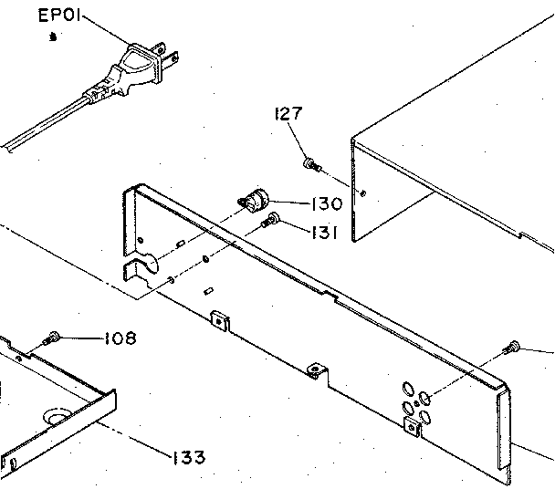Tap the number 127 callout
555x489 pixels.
tap(288, 114)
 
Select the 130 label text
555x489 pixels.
tap(326, 204)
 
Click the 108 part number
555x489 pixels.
tap(119, 338)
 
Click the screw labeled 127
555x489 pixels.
tap(312, 165)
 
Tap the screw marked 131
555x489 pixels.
tap(271, 220)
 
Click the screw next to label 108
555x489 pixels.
tap(52, 338)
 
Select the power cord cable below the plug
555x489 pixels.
tap(46, 122)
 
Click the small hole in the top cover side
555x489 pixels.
tap(364, 193)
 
